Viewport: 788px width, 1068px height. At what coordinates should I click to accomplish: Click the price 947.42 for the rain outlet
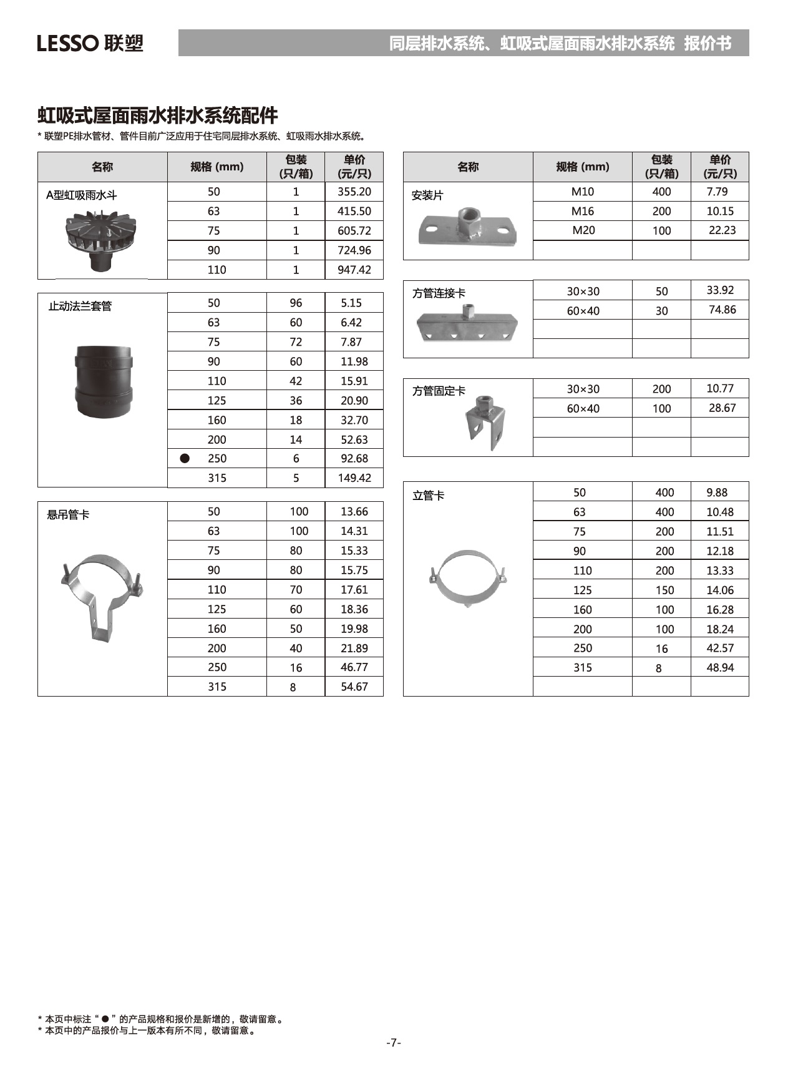(354, 270)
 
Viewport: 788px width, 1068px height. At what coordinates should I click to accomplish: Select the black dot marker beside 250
(185, 458)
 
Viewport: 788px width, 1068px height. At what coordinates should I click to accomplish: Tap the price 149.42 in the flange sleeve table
(354, 478)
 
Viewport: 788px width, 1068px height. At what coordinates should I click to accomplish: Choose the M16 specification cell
(583, 211)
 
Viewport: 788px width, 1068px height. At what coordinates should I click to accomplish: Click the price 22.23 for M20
(722, 230)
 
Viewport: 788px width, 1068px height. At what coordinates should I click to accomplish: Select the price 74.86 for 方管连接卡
(722, 310)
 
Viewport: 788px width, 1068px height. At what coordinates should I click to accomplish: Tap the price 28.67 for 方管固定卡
(722, 408)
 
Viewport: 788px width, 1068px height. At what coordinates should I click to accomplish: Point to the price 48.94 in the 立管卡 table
(719, 668)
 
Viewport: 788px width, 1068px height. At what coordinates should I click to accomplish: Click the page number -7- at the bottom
(393, 1042)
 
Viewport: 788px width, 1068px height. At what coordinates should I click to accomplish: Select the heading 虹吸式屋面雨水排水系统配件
(158, 115)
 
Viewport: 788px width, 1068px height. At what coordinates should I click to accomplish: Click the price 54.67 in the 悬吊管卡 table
(354, 687)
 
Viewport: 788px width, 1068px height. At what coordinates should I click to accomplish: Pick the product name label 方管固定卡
(439, 391)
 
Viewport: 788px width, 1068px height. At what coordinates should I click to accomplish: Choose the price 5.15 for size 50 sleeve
(351, 303)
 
